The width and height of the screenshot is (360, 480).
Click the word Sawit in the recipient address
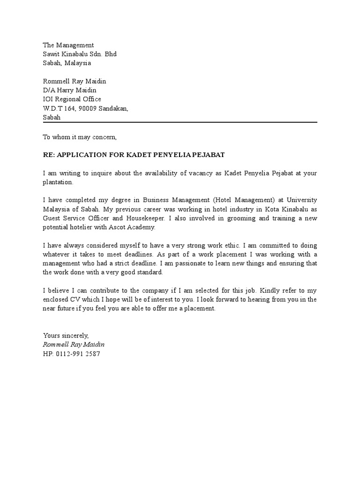coord(51,54)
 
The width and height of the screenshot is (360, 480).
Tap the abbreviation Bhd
coord(111,54)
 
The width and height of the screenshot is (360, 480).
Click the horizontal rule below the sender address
coord(180,122)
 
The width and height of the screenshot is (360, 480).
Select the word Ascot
coord(123,227)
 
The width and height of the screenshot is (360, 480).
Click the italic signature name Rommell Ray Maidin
coord(74,345)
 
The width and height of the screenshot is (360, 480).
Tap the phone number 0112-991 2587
coord(78,353)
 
